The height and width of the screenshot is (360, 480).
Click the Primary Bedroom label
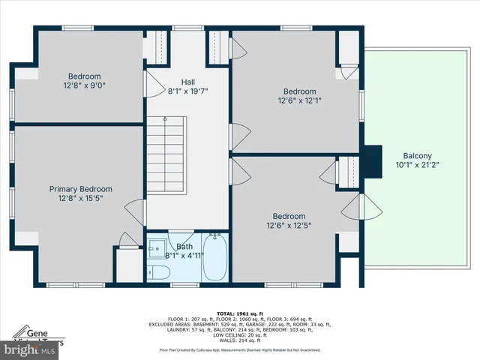pos(80,189)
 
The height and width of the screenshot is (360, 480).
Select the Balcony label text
pos(417,156)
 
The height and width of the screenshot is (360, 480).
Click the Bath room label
pos(184,246)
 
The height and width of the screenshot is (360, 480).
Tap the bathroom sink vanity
pos(157,248)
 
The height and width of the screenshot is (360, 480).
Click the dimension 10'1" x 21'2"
pos(417,165)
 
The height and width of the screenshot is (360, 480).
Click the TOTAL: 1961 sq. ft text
pos(239,313)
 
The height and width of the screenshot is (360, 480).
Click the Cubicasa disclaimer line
pos(239,349)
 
